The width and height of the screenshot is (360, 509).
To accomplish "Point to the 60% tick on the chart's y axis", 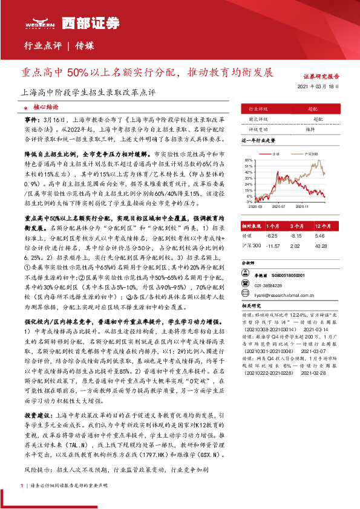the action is (x=248, y=160).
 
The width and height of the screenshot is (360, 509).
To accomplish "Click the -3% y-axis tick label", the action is (x=249, y=203).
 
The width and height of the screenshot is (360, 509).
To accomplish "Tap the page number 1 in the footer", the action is (x=21, y=485).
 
